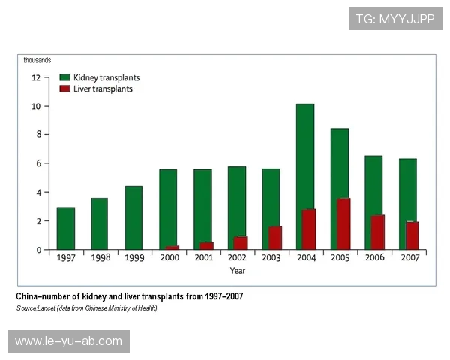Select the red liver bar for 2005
344,223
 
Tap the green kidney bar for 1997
66,228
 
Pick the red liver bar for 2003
275,237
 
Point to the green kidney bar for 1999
134,217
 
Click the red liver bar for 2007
412,235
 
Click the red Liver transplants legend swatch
65,88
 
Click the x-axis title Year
237,270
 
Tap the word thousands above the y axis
37,60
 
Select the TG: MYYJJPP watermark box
394,18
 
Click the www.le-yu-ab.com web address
68,341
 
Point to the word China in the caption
29,296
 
